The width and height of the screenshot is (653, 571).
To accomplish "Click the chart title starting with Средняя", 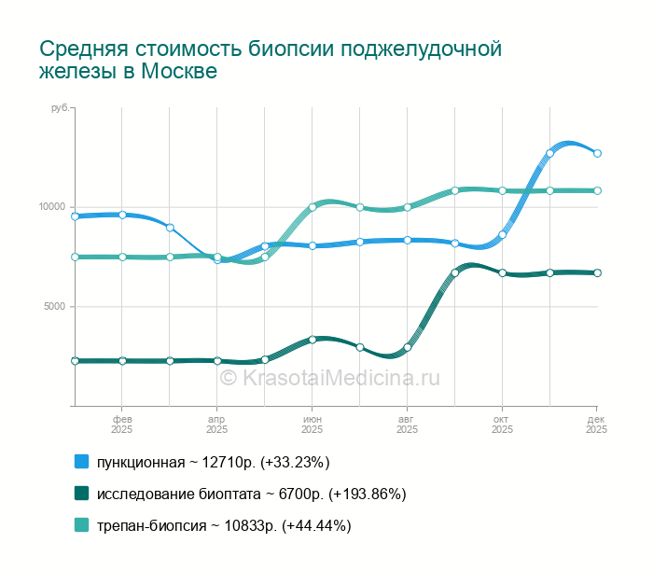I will pos(271,60).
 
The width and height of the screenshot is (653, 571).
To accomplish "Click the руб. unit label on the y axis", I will pos(60,109).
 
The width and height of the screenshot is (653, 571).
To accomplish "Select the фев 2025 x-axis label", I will pos(122,425).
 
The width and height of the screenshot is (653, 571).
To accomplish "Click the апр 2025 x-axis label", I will pos(216,425).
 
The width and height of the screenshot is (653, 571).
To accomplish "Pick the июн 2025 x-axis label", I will pos(312,425).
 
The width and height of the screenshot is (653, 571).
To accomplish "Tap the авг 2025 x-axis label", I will pos(407,425).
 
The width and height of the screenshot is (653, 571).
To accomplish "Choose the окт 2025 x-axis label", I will pos(502,425).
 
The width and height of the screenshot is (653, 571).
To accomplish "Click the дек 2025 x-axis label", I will pos(596,425).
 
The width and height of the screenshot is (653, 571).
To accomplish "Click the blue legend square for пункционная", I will pos(82,462).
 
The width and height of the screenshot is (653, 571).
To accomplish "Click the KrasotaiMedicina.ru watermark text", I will pos(329,378).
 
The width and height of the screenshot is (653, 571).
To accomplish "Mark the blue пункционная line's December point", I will pos(597,153).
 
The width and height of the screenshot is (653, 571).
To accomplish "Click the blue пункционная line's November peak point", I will pos(549,153).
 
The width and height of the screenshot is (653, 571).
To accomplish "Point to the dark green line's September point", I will pos(454,272).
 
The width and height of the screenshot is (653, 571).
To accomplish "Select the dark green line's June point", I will pos(313,340).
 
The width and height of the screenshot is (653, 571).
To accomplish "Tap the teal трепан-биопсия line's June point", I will pos(313,207).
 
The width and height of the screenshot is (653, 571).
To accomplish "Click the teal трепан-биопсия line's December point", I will pos(597,190).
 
